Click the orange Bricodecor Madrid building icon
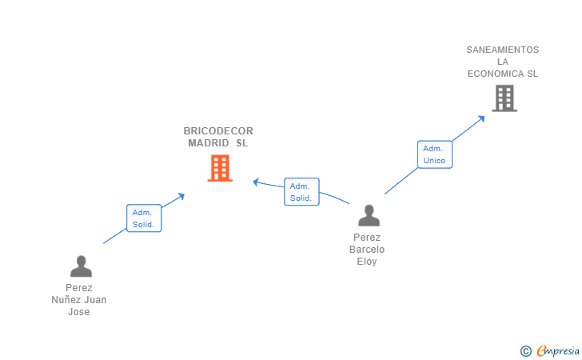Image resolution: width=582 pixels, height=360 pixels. point(220,168)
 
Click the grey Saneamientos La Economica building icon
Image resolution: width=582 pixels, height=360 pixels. point(504,98)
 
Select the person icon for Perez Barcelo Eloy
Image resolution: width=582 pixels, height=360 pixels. point(369,215)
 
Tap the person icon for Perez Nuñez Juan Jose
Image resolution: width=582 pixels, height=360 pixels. point(81,266)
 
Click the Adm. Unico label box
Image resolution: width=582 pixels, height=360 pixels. point(434,154)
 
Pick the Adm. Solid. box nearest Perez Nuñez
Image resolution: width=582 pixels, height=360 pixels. point(144,218)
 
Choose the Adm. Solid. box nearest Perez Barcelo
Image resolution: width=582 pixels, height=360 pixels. point(301,192)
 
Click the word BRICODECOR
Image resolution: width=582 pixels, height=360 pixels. point(218,131)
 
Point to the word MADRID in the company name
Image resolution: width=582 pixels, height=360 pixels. point(204,143)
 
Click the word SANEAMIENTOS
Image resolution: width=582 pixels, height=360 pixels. point(503,50)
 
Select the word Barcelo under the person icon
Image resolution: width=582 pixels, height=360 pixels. point(367,250)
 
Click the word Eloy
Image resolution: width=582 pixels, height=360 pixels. point(367,262)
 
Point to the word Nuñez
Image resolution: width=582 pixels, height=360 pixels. point(67,300)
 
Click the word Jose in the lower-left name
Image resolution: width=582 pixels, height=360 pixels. point(79,312)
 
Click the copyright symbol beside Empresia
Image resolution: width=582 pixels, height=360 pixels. point(525,350)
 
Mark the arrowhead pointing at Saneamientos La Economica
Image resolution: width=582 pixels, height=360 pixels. point(481,118)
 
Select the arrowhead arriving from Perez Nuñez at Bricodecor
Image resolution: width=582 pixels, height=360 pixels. point(181,195)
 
